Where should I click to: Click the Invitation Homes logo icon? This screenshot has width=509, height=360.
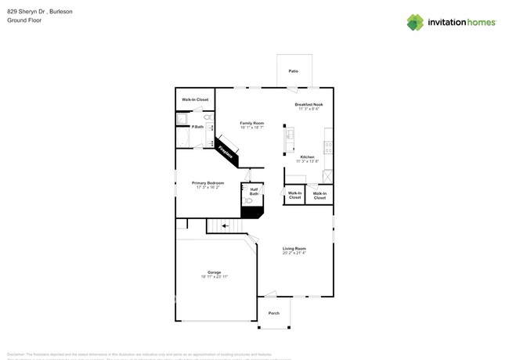coord(415,22)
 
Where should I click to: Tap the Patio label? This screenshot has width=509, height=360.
coord(293,71)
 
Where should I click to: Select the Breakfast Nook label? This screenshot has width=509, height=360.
coord(309,104)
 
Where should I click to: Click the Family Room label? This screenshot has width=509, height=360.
coord(252,123)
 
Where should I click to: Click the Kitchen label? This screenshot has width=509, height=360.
coord(307,157)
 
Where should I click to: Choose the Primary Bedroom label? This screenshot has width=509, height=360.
coord(213,183)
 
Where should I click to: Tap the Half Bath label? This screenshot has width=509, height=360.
coord(254,191)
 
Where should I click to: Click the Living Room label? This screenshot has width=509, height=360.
coord(294,248)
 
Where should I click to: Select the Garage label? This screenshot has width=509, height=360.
coord(214,272)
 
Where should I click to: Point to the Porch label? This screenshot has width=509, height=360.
coord(274,313)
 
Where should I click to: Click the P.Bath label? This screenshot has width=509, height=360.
coord(197,127)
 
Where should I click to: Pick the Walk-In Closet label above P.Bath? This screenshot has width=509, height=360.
coord(195,99)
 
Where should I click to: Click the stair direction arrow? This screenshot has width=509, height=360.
coord(226,226)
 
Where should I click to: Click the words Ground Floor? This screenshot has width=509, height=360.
coord(24,20)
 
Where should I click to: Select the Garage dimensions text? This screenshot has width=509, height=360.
coord(214,277)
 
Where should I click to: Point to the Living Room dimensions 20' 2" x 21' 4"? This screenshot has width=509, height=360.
coord(294,253)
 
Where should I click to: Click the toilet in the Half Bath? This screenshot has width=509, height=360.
coord(248,201)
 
